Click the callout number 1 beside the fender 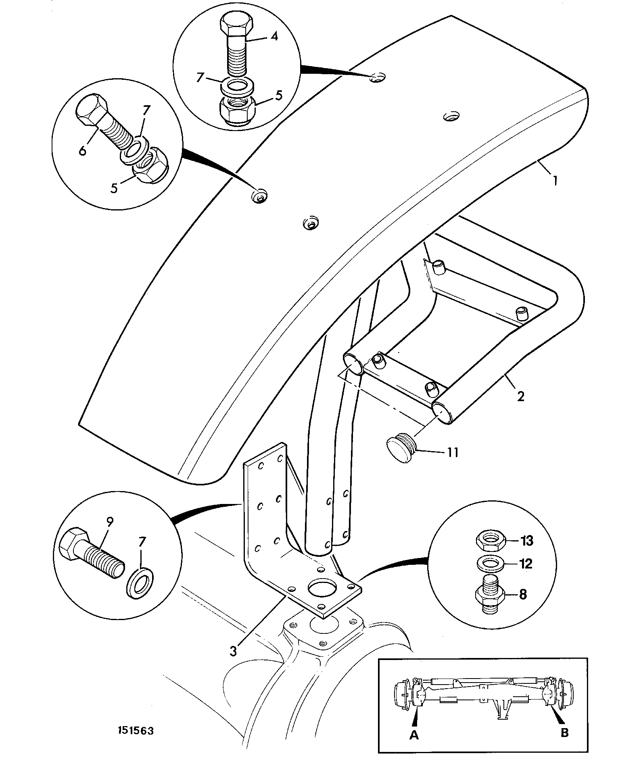pos(555,179)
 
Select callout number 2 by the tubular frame pos(521,396)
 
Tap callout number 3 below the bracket pos(234,651)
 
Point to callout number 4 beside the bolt pos(274,36)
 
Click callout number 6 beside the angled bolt pos(83,151)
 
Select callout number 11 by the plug pos(453,452)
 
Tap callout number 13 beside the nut pos(527,541)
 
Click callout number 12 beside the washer pos(526,564)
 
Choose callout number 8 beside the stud pos(523,595)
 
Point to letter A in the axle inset pos(414,735)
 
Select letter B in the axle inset pos(565,733)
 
